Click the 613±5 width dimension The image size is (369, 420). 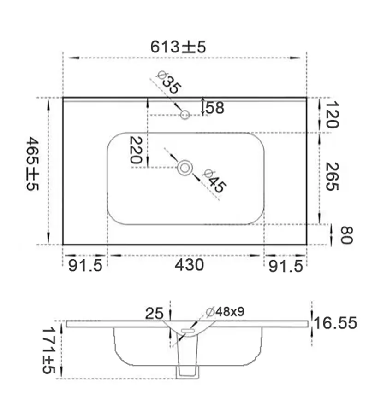(x=178, y=47)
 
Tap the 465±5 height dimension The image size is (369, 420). (x=33, y=163)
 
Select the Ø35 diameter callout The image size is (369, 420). (x=169, y=82)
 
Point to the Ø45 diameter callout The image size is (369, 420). (x=214, y=181)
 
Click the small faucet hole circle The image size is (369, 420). (x=185, y=115)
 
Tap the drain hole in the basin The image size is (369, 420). (x=185, y=168)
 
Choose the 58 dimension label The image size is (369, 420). (x=215, y=108)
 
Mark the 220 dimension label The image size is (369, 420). (x=136, y=150)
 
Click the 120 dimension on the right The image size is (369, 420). (x=332, y=115)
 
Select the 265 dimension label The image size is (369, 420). (x=332, y=176)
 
